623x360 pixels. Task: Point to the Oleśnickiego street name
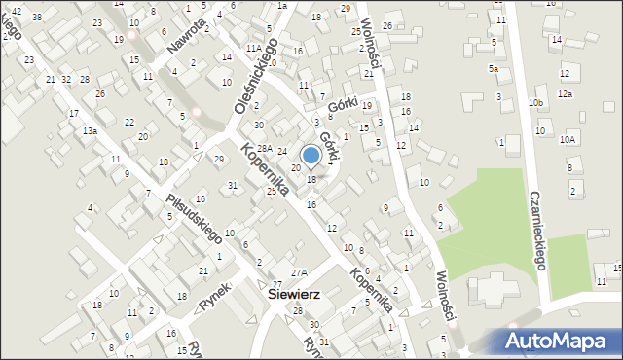click(x=256, y=75)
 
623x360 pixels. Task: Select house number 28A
click(x=264, y=147)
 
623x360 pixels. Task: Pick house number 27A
click(x=298, y=272)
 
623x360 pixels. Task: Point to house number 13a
click(x=90, y=130)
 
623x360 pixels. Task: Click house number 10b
click(x=535, y=102)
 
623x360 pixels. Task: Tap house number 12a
click(x=565, y=94)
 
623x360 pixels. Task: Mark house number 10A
click(x=568, y=140)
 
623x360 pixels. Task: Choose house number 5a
click(x=494, y=69)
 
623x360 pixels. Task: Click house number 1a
click(x=282, y=5)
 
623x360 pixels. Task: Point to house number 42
click(x=17, y=10)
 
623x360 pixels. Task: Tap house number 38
click(x=37, y=18)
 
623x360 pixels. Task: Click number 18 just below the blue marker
click(x=311, y=179)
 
